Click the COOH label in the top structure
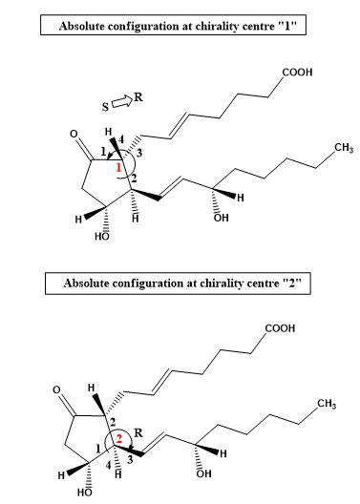tap(297, 73)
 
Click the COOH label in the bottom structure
tap(280, 328)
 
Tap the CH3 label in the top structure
tap(344, 148)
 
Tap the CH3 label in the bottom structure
tap(327, 404)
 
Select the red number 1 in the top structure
tap(118, 167)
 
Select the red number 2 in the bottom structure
tap(119, 439)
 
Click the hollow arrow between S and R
tap(122, 102)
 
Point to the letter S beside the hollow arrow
tap(105, 107)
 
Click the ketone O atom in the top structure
tap(74, 134)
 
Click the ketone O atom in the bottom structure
tap(56, 389)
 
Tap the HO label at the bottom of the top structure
tap(102, 237)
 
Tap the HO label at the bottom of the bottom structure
tap(85, 493)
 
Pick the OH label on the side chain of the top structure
tap(222, 218)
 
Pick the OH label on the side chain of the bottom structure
tap(203, 473)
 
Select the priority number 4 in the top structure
tap(121, 139)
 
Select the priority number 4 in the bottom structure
tap(109, 465)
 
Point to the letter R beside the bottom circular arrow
tap(138, 433)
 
